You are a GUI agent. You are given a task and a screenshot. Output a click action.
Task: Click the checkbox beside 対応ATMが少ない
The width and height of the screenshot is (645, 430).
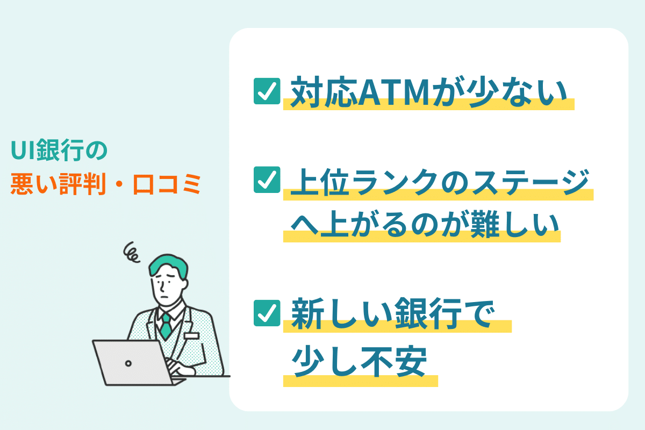(267, 91)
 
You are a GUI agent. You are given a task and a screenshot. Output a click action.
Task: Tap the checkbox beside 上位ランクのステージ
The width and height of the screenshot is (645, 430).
(267, 180)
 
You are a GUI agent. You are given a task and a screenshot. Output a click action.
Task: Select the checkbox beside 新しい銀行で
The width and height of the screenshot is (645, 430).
(267, 313)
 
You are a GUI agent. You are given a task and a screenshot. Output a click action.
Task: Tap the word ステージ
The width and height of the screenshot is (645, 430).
(531, 182)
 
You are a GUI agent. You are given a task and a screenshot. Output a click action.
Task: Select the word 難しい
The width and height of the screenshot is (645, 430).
(514, 224)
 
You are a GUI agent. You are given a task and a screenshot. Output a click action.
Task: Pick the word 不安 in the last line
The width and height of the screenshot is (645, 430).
(394, 361)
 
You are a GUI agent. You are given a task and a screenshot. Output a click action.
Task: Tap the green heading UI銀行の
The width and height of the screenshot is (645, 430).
(59, 150)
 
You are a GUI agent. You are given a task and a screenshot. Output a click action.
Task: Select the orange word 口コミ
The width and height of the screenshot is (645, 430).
(167, 184)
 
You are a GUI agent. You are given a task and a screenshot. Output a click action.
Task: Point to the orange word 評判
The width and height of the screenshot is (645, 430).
(82, 184)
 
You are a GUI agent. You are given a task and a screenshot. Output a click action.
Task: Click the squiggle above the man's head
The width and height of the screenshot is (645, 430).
(131, 252)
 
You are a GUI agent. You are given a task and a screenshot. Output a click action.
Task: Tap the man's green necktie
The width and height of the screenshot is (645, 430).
(166, 327)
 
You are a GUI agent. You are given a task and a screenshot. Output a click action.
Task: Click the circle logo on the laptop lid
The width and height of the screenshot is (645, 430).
(128, 363)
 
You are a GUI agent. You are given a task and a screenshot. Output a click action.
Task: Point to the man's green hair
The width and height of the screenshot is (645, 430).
(168, 266)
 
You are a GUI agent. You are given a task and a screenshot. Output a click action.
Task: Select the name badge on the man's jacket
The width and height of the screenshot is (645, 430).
(191, 336)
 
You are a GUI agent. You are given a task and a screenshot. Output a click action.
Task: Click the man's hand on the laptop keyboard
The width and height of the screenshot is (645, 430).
(180, 367)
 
